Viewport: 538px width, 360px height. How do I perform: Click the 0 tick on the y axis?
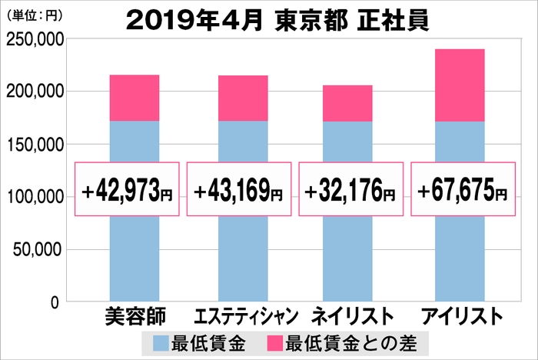tap(55, 302)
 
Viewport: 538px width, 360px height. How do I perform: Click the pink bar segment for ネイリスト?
tap(347, 103)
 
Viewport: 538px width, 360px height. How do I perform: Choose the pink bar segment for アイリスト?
tap(460, 85)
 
